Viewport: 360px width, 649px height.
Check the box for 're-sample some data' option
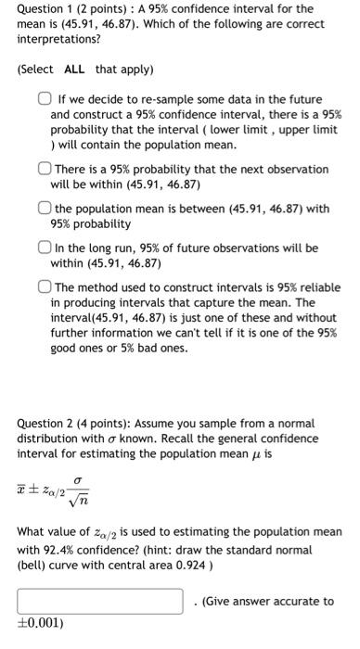45,99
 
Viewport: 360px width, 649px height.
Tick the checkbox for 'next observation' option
45,170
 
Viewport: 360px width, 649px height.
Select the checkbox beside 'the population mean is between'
45,209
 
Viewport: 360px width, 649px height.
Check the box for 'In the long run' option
45,248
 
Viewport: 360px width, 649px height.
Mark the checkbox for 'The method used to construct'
45,287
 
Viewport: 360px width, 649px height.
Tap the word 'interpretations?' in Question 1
59,41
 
